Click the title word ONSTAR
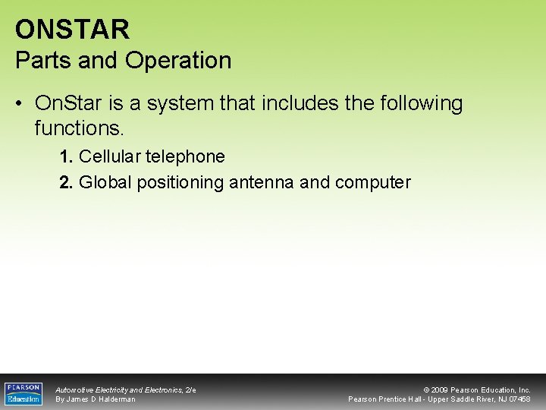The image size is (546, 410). point(73,30)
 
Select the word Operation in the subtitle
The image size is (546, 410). point(180,61)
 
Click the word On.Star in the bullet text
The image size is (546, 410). point(70,103)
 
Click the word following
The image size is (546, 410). point(418,103)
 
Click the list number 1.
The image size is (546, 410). point(66,157)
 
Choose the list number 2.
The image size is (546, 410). point(66,182)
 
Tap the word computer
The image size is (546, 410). point(372,183)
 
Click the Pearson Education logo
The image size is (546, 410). point(24,393)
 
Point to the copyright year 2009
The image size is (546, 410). point(440,389)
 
